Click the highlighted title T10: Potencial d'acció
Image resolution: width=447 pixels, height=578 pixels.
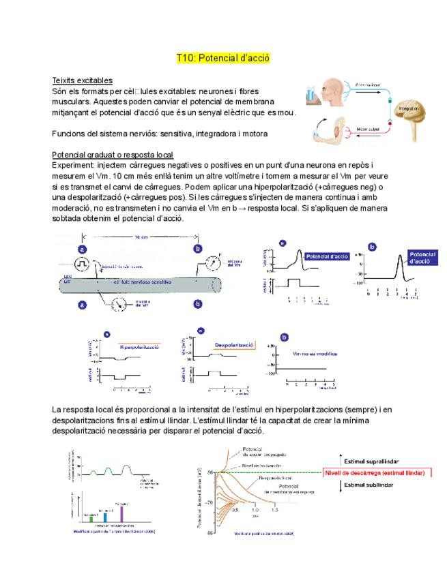[223, 59]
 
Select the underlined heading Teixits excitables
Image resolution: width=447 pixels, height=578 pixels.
[83, 80]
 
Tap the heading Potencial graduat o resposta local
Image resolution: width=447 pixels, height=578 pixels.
[113, 155]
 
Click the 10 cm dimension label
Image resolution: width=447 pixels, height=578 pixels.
[141, 238]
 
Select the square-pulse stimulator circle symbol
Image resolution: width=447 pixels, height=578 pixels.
[83, 262]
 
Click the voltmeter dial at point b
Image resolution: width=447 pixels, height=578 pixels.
[212, 262]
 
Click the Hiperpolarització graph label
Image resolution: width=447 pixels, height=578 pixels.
[139, 347]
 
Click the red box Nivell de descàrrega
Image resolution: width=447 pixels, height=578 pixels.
[375, 472]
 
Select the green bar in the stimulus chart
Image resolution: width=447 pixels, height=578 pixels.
[90, 518]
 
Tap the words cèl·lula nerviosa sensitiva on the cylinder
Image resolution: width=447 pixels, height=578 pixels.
[143, 281]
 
